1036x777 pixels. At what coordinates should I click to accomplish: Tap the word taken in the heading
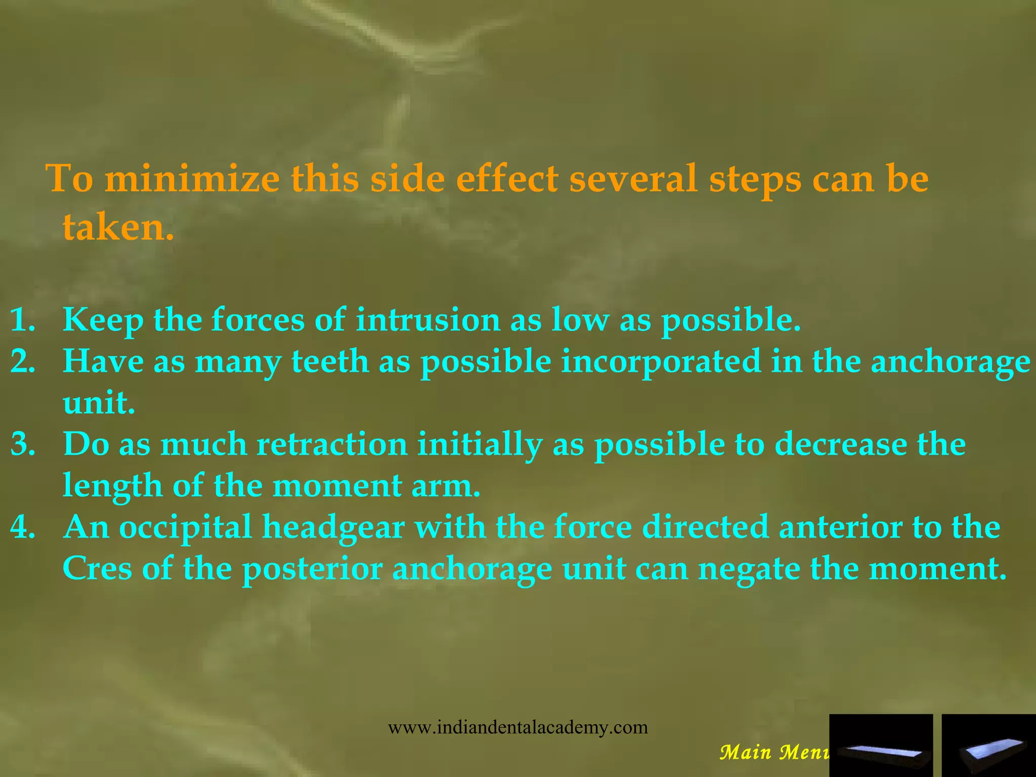[117, 227]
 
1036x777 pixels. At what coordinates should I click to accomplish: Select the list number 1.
[23, 321]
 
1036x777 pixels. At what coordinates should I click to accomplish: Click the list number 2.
[23, 362]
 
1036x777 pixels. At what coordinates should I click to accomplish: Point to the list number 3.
[23, 445]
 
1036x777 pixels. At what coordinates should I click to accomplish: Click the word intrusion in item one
[427, 321]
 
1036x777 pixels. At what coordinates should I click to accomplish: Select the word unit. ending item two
[99, 404]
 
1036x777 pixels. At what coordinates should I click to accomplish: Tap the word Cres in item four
[97, 569]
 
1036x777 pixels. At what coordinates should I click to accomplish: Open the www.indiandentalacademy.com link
[517, 727]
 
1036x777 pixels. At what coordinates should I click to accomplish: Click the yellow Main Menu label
[774, 752]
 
